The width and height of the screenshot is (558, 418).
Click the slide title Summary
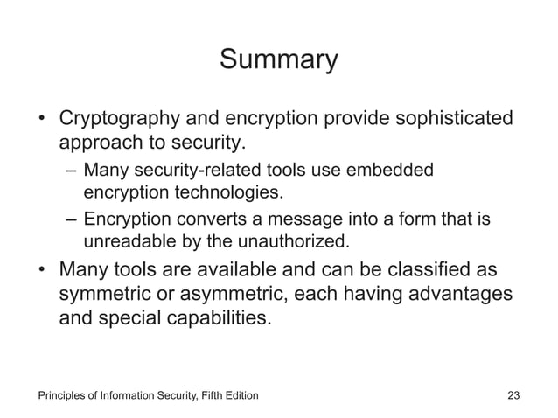pyautogui.click(x=278, y=60)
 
